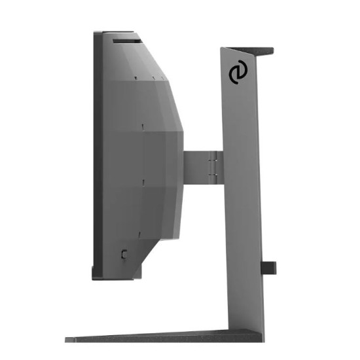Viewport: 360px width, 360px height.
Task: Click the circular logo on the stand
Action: pyautogui.click(x=238, y=75)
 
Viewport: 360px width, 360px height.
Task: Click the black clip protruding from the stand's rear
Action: pyautogui.click(x=269, y=267)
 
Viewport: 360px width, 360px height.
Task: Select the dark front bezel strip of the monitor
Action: pyautogui.click(x=97, y=157)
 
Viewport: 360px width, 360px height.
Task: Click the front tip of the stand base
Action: pyautogui.click(x=69, y=339)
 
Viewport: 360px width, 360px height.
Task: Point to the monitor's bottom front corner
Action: pyautogui.click(x=94, y=276)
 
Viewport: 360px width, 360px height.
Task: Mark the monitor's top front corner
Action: pyautogui.click(x=96, y=32)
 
